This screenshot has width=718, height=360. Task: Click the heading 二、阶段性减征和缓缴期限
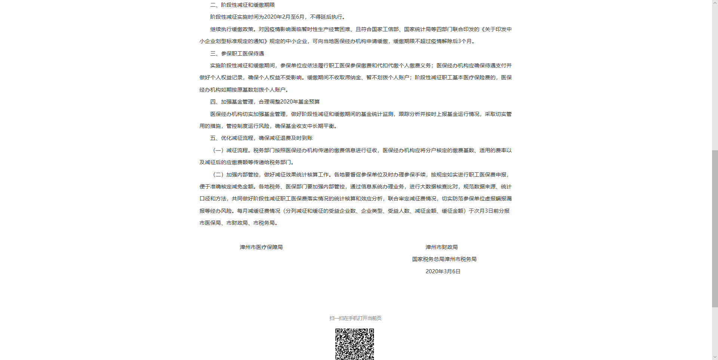click(x=242, y=5)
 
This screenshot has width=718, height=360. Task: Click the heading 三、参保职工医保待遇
click(x=237, y=53)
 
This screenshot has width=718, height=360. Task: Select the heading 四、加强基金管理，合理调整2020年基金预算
click(x=265, y=102)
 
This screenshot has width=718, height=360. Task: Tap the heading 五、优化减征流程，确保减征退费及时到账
click(x=261, y=138)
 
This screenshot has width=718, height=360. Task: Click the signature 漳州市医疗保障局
click(x=261, y=247)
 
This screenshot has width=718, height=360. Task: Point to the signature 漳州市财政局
click(x=441, y=247)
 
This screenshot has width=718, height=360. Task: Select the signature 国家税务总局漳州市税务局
click(x=444, y=259)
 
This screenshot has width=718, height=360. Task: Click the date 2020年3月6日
click(x=443, y=271)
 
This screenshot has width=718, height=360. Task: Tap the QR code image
click(x=355, y=344)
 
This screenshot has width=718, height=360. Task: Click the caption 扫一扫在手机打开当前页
click(x=355, y=318)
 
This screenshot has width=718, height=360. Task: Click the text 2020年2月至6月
click(x=284, y=17)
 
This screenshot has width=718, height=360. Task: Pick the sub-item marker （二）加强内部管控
click(x=236, y=175)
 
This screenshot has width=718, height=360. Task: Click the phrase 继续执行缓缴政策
click(x=231, y=29)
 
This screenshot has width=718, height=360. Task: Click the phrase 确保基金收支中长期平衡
click(x=304, y=126)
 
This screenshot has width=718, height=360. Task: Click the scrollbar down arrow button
click(x=715, y=357)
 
